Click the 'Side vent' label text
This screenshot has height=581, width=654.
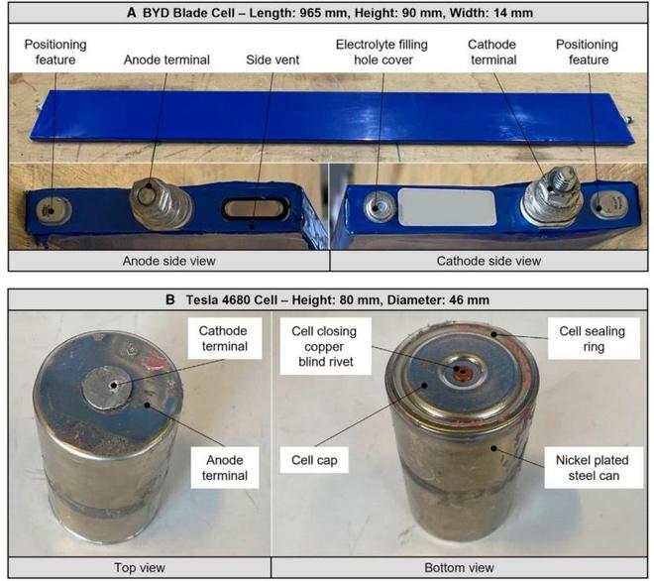click(x=272, y=59)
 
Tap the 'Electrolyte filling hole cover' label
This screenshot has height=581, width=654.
click(x=382, y=53)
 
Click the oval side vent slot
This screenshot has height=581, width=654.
click(x=256, y=208)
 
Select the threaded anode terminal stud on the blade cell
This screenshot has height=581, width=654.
click(x=161, y=202)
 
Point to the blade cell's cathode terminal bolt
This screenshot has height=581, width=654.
click(x=551, y=192)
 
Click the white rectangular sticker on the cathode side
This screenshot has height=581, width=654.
click(x=447, y=207)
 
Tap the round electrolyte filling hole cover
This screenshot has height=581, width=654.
click(x=379, y=207)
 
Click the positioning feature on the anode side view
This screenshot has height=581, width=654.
click(x=53, y=210)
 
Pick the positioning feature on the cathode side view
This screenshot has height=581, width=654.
click(x=608, y=205)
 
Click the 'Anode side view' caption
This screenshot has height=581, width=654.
click(x=168, y=261)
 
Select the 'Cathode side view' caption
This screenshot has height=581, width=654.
click(x=489, y=261)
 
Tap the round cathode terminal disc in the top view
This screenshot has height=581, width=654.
click(x=107, y=389)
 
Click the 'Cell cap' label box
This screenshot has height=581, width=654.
click(x=314, y=460)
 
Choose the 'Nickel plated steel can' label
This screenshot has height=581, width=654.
click(x=594, y=468)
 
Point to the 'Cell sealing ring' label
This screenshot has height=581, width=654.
click(x=594, y=338)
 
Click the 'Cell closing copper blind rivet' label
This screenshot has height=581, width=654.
click(x=325, y=346)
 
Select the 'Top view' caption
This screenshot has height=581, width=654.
click(x=140, y=568)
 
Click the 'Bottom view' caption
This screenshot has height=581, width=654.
click(x=459, y=568)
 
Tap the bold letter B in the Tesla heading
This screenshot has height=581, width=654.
click(x=170, y=299)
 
